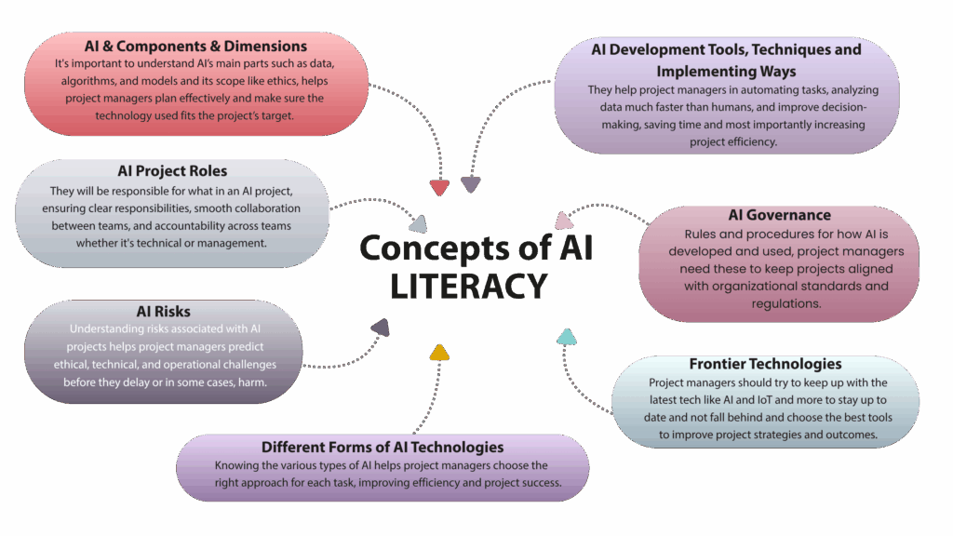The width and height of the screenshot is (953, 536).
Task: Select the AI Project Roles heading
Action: pos(172,171)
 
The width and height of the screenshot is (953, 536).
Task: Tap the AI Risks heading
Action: pos(164,311)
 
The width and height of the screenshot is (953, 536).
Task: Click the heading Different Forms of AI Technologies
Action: pos(383,448)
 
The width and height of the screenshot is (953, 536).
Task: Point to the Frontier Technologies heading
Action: pos(765,364)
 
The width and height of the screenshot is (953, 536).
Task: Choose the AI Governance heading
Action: pos(779,216)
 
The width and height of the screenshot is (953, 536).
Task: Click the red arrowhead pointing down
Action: pos(440,187)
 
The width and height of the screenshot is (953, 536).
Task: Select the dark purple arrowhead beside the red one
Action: pos(471,184)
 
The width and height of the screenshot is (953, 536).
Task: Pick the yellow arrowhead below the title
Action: pos(439,352)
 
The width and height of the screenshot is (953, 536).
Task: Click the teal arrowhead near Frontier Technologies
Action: pos(567,336)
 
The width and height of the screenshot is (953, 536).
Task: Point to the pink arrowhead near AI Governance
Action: pos(563,221)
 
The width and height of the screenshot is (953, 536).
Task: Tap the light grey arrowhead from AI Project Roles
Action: pos(418,223)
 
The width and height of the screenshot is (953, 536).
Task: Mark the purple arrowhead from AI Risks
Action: pos(380,327)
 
